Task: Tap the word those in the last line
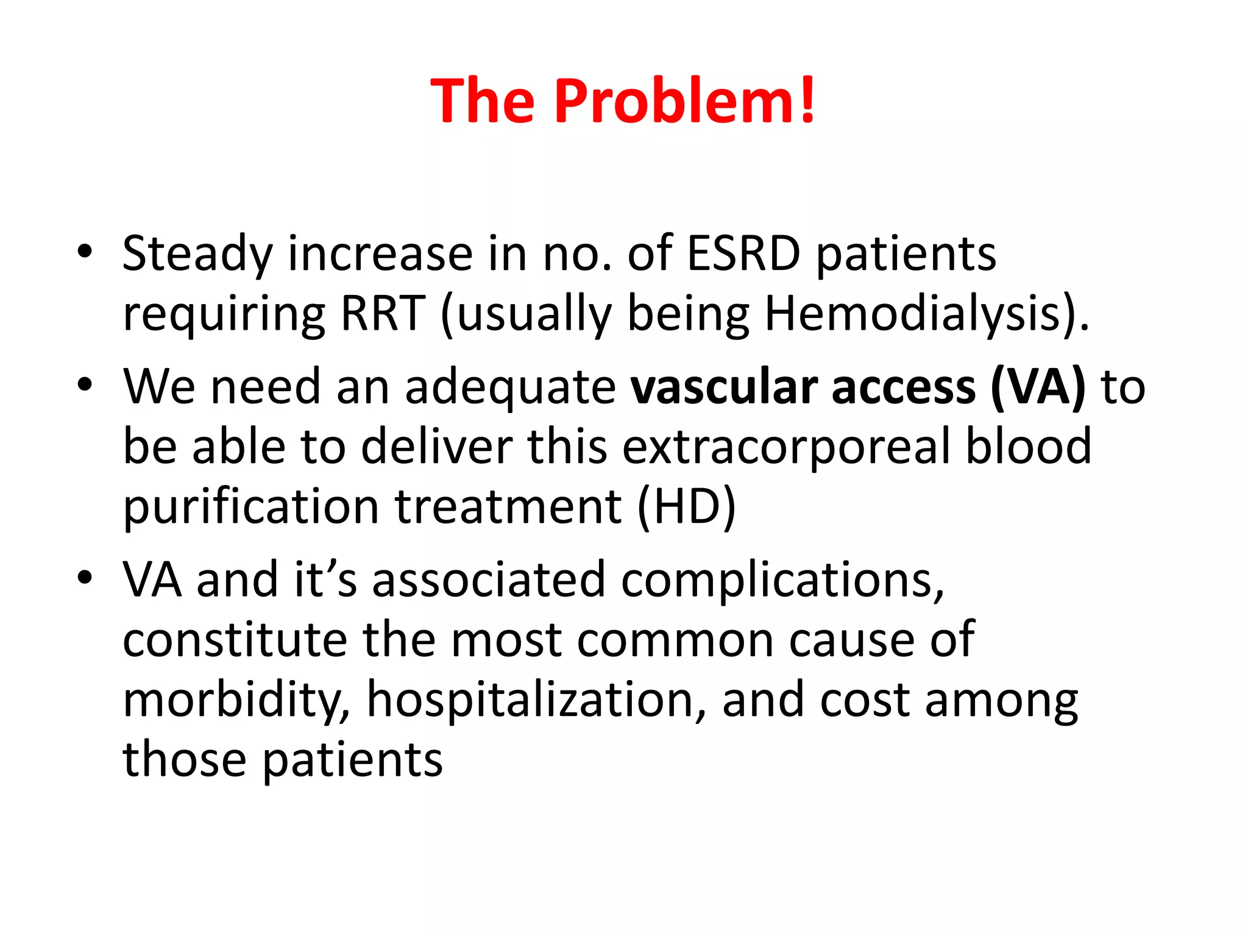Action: coord(184,760)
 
